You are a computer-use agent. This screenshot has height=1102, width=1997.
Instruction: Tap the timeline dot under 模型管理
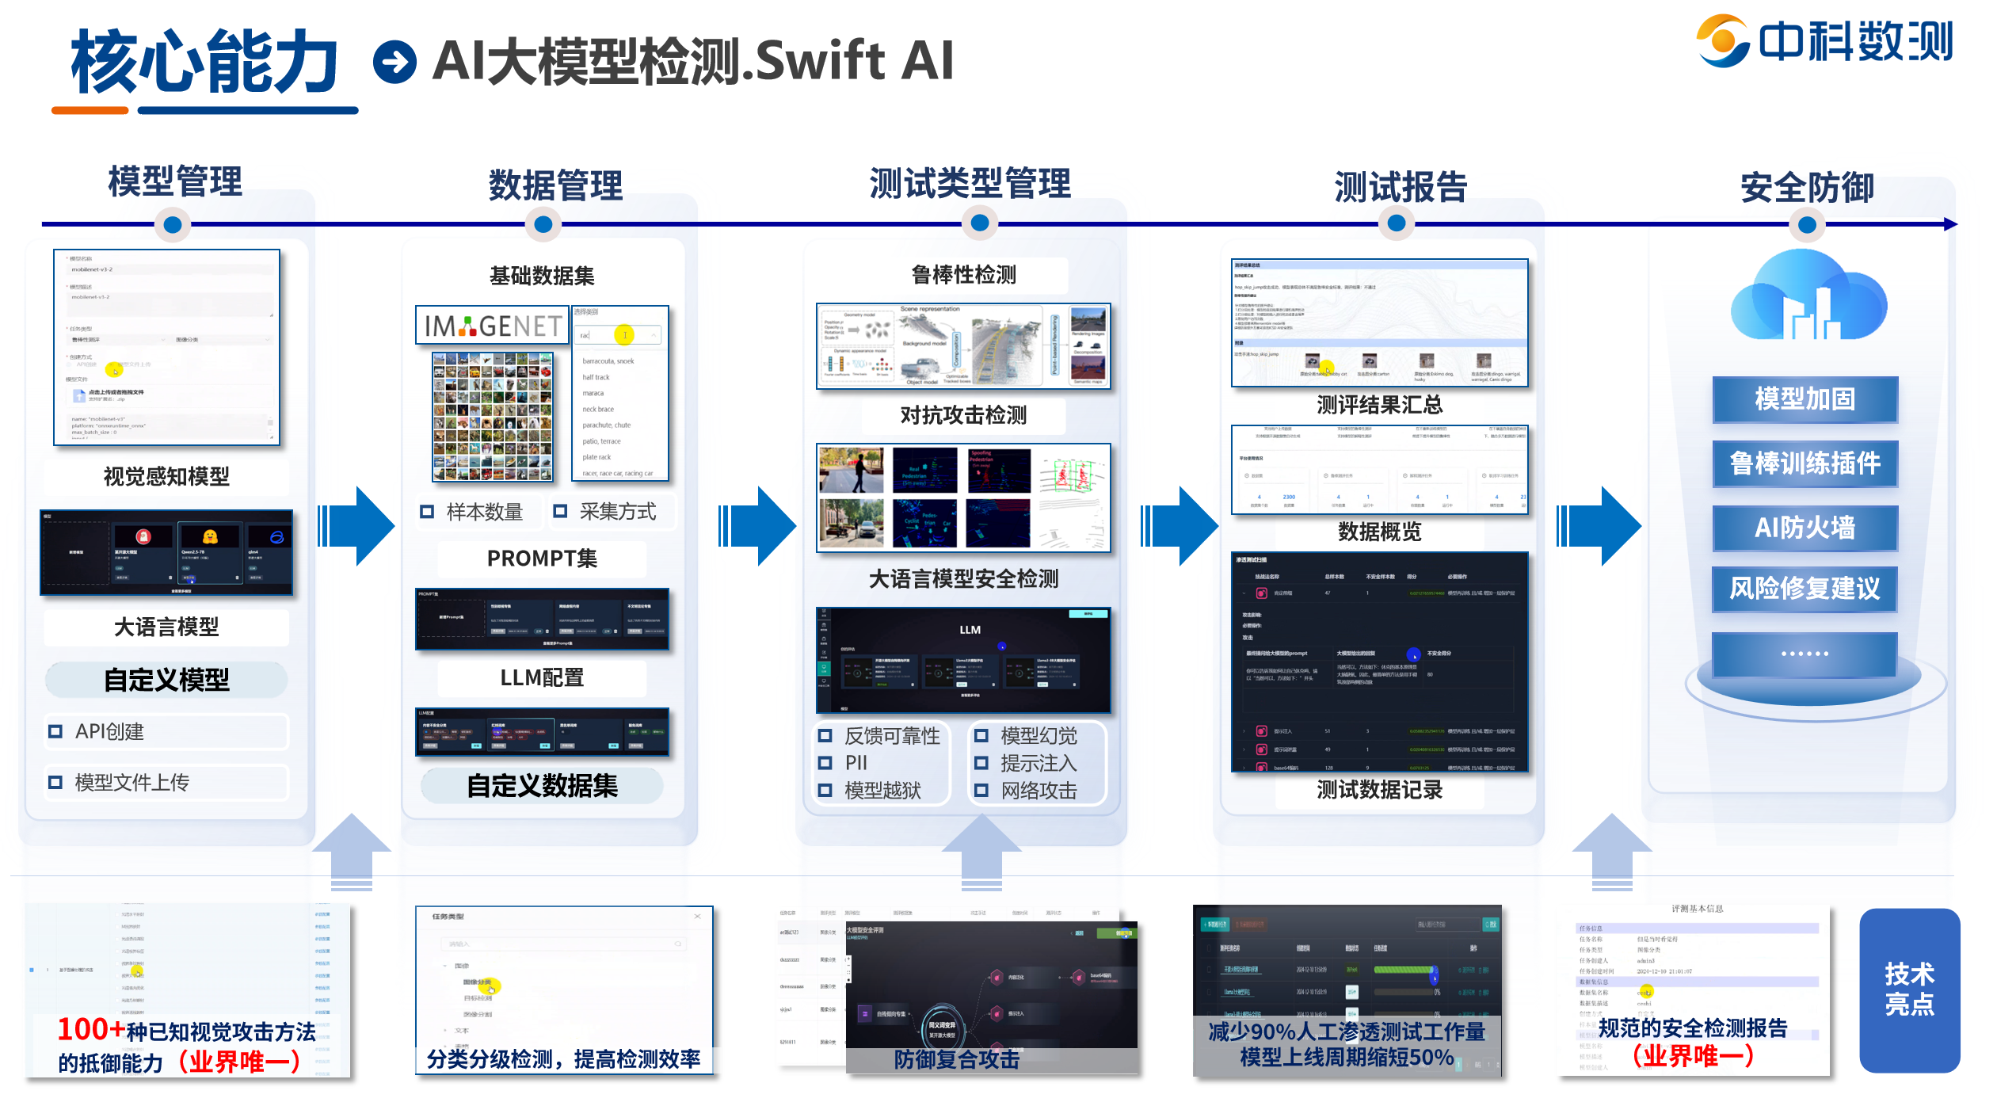172,225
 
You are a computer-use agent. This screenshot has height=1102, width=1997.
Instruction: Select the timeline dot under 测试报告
1396,223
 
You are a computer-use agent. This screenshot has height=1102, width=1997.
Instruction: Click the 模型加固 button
1805,399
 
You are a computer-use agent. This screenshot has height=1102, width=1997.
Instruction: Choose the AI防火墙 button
1805,528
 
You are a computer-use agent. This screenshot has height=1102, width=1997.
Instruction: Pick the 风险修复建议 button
1805,589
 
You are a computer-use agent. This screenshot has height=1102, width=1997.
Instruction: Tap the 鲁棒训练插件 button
1805,463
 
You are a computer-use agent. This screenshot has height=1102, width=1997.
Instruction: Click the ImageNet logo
493,326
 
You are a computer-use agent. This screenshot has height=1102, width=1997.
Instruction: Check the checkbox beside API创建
55,732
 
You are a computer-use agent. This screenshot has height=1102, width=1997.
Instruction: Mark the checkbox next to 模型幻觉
981,736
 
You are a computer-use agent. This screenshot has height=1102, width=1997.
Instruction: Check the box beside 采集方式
560,512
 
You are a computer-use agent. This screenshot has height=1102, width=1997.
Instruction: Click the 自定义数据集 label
542,786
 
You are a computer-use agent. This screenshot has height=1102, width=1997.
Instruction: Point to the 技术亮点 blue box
1909,990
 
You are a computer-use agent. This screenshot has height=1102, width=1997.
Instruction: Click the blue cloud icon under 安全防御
1808,297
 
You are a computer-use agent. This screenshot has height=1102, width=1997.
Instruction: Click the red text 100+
90,1030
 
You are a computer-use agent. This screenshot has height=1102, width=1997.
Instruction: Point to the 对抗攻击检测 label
963,415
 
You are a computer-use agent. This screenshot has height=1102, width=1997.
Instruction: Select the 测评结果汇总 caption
1379,406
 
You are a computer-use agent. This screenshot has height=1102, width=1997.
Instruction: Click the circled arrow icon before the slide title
394,62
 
